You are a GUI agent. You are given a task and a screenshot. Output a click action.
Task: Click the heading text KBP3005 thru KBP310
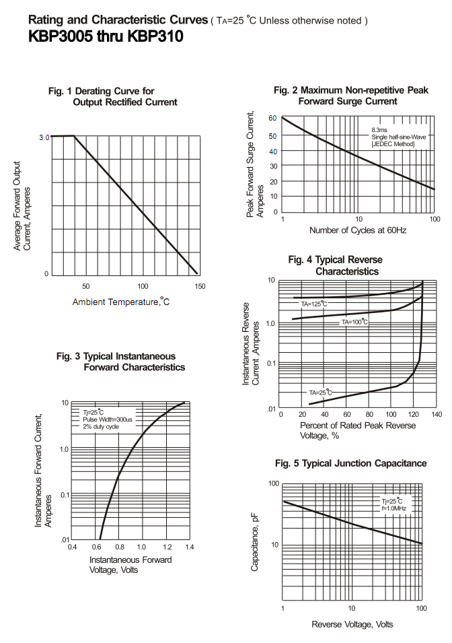[106, 38]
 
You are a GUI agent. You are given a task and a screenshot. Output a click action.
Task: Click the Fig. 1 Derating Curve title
[112, 96]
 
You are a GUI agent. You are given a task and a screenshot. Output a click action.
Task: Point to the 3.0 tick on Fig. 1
[44, 137]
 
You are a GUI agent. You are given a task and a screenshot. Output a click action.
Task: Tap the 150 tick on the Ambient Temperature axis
[199, 286]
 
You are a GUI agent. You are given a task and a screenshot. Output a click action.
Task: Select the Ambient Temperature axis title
[121, 302]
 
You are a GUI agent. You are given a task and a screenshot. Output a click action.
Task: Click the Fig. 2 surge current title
[351, 95]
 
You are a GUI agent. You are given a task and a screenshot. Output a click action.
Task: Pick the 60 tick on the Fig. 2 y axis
[273, 119]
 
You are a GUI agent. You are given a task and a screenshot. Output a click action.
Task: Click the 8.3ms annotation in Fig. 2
[379, 129]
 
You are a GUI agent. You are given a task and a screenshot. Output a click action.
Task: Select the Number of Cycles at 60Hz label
[358, 230]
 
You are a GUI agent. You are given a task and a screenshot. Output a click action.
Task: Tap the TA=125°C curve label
[313, 304]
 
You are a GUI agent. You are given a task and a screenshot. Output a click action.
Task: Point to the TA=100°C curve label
[354, 322]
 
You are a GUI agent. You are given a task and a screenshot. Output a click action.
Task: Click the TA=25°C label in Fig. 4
[321, 392]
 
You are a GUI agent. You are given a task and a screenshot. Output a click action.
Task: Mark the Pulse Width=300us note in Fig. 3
[108, 419]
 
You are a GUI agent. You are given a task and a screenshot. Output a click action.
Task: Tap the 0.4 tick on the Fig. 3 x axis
[72, 547]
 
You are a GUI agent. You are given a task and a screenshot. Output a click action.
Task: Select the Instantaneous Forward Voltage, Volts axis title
[130, 564]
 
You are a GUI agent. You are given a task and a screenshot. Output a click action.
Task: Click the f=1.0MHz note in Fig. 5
[396, 508]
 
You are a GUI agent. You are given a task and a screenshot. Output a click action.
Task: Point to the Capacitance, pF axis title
[255, 541]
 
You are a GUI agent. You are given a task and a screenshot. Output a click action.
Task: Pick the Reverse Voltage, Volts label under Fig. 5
[352, 624]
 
